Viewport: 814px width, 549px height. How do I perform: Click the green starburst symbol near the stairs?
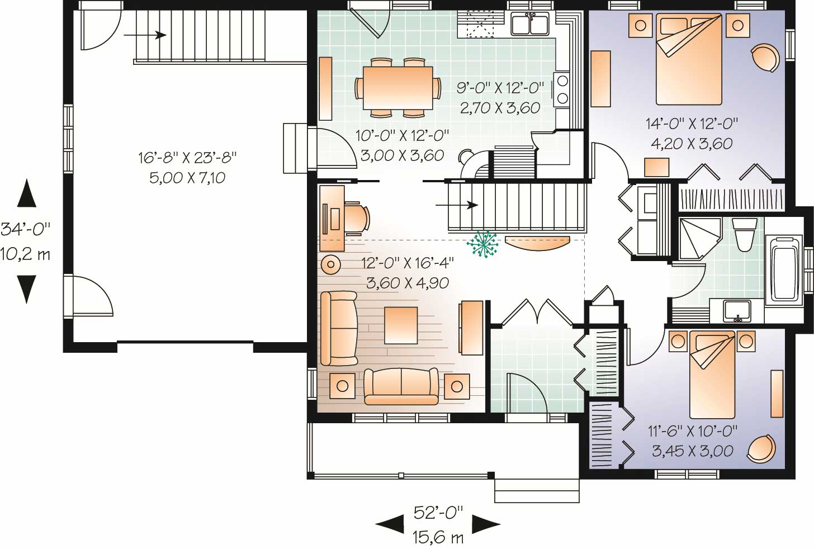click(x=482, y=245)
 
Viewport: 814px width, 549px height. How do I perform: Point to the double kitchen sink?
click(x=530, y=25)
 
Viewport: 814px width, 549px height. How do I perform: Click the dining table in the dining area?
click(x=397, y=88)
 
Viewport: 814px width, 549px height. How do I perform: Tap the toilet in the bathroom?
click(x=744, y=234)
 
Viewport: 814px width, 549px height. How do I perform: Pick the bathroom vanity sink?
click(x=737, y=310)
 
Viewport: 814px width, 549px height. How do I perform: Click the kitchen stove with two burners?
click(x=561, y=89)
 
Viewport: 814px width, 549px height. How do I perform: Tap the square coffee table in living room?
click(x=400, y=325)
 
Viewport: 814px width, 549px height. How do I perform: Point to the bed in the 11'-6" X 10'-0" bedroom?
click(x=712, y=373)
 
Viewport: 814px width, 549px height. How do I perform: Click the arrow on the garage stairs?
click(x=145, y=35)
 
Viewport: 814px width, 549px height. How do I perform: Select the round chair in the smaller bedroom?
click(x=761, y=449)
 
